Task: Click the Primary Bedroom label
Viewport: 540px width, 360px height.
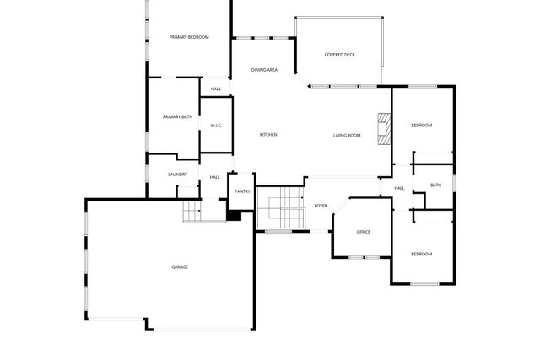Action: click(189, 37)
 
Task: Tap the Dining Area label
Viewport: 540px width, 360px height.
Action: click(265, 70)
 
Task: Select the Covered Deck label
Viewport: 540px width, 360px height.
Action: click(340, 55)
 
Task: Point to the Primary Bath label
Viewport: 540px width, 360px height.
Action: click(178, 117)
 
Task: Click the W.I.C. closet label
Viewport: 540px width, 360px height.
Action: click(216, 126)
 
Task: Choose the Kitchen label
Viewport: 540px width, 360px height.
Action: click(268, 135)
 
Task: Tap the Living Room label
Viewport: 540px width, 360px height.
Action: click(347, 135)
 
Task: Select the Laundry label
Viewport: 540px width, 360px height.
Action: click(177, 175)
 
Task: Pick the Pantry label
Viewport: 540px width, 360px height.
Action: click(242, 191)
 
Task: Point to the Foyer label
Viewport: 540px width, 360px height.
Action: click(321, 206)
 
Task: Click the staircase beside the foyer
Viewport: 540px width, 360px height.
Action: click(280, 208)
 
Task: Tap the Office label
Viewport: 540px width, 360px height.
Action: click(364, 232)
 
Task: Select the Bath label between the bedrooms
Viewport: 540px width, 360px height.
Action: click(435, 185)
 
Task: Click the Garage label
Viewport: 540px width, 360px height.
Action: click(180, 267)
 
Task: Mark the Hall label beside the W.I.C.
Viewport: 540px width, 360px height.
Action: click(216, 89)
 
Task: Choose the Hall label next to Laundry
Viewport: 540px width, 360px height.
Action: click(215, 177)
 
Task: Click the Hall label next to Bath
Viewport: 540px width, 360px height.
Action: click(399, 188)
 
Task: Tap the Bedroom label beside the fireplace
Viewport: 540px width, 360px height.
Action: click(421, 126)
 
